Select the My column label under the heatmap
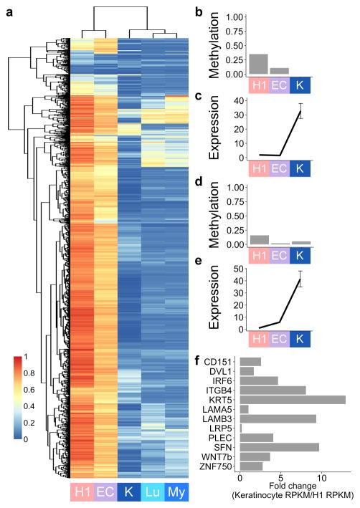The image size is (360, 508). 176,492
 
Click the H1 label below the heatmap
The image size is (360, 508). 82,492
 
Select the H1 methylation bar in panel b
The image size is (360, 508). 258,64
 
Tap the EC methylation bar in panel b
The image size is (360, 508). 280,71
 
